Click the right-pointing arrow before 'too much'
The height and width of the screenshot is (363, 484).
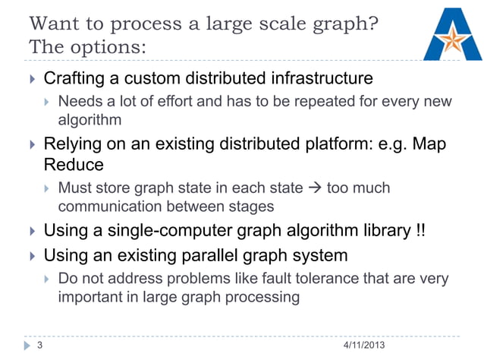pos(313,188)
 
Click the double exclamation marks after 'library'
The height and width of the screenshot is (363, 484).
pos(422,230)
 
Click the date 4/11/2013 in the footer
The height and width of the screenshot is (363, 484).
pos(363,346)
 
